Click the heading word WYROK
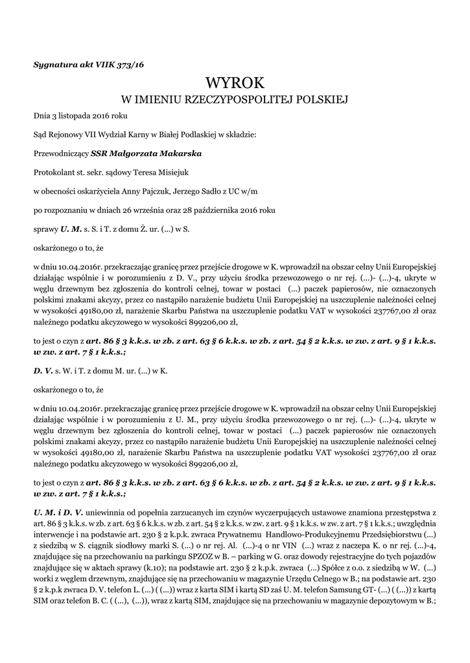(x=235, y=83)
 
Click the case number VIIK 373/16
(x=120, y=65)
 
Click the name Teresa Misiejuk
(x=159, y=172)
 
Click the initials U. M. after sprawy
(x=71, y=229)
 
